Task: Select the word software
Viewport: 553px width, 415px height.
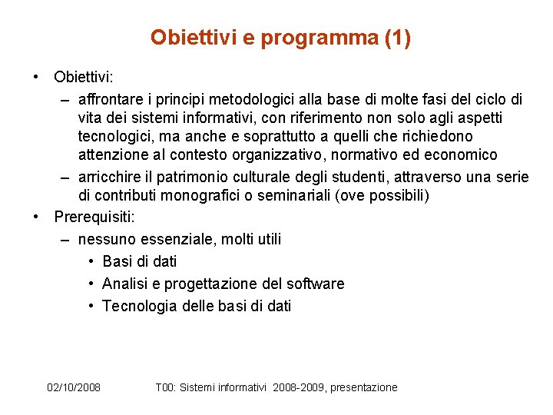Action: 315,284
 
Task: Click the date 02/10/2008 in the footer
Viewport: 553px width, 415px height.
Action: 74,387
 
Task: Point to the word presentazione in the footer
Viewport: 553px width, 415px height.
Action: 363,387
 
